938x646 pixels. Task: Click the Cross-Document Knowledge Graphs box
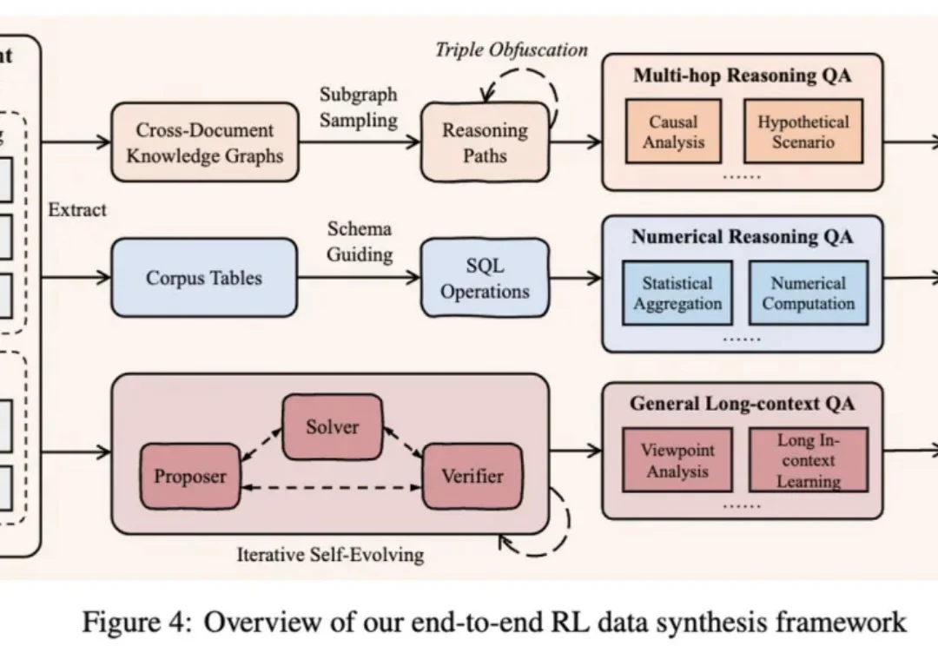[x=205, y=144]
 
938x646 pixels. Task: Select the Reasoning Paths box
[x=485, y=143]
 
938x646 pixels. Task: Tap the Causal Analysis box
[x=673, y=131]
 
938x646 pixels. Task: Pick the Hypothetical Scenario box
[x=803, y=131]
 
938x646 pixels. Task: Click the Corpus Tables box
[x=204, y=279]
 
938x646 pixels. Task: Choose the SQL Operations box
[x=485, y=279]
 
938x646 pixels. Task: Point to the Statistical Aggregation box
[x=677, y=293]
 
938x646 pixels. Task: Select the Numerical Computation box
[x=808, y=293]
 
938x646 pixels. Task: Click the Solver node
[x=332, y=426]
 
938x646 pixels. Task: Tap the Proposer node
[x=189, y=476]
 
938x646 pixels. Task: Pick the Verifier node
[x=472, y=476]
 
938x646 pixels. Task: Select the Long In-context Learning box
[x=808, y=460]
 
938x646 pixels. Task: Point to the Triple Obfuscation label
[x=511, y=49]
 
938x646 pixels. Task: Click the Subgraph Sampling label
[x=357, y=107]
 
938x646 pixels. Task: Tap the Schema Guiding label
[x=360, y=241]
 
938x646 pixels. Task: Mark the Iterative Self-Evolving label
[x=330, y=554]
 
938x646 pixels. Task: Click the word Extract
[x=77, y=209]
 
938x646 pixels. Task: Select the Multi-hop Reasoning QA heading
[x=742, y=75]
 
